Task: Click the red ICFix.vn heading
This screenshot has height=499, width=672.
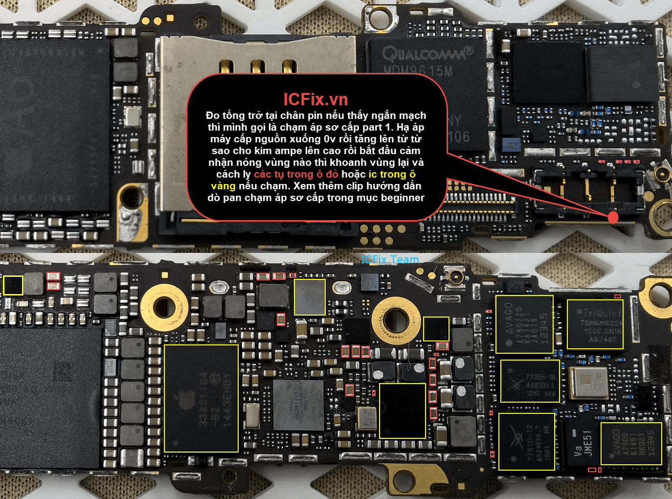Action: click(315, 99)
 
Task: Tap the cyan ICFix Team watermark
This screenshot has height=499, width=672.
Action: click(390, 259)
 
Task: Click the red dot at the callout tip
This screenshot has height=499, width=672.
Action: click(613, 217)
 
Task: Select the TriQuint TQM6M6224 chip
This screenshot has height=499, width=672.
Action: click(595, 324)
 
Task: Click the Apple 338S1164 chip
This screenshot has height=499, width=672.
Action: click(201, 398)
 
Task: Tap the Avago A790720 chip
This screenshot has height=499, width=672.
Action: click(524, 324)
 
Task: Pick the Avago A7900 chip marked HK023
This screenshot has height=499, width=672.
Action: click(631, 443)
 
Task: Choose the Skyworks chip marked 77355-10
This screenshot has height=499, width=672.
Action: click(530, 381)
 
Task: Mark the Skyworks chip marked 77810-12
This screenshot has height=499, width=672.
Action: click(526, 441)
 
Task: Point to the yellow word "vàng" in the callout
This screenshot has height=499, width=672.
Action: click(223, 186)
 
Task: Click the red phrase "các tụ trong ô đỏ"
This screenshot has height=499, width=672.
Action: click(296, 174)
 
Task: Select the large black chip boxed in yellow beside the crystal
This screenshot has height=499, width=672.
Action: click(402, 410)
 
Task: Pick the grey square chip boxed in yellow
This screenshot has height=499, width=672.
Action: click(310, 296)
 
